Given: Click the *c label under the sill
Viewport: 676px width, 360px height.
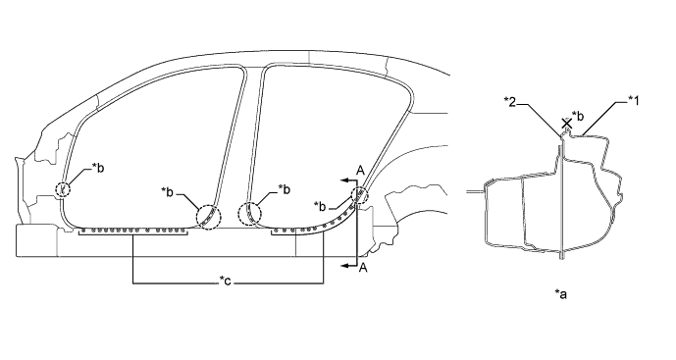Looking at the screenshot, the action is click(x=225, y=282).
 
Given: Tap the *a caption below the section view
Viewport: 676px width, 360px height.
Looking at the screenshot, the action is click(x=561, y=294).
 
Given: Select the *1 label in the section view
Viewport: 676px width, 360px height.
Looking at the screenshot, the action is click(x=633, y=101).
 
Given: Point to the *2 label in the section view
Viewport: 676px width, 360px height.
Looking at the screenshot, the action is click(x=510, y=102).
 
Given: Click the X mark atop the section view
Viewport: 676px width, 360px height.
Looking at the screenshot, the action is click(x=566, y=124).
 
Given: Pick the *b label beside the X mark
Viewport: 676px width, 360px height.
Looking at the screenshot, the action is click(x=578, y=116).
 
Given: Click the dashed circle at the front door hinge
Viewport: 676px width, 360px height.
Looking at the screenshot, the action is click(x=63, y=189).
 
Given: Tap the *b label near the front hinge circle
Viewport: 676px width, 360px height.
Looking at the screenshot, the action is click(x=98, y=168).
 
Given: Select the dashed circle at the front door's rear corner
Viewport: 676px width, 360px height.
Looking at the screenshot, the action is click(x=208, y=217).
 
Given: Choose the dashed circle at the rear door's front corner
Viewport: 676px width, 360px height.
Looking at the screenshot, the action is click(x=250, y=214).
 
